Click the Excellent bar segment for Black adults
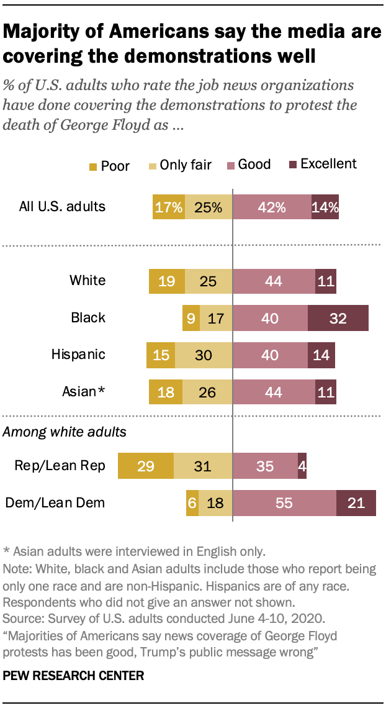(x=338, y=318)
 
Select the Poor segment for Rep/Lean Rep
(x=146, y=466)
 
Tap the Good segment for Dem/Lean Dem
(x=284, y=503)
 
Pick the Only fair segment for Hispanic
(x=204, y=355)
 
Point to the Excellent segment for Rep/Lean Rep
(x=302, y=466)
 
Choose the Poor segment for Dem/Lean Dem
(x=192, y=503)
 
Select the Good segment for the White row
(x=274, y=281)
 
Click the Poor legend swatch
(x=93, y=166)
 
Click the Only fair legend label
(x=186, y=165)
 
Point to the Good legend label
(x=254, y=165)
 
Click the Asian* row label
(x=84, y=392)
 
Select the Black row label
(x=88, y=318)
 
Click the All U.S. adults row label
(x=61, y=207)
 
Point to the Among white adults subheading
(x=65, y=432)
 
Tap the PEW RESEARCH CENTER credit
(x=74, y=676)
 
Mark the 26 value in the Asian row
(x=207, y=392)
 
